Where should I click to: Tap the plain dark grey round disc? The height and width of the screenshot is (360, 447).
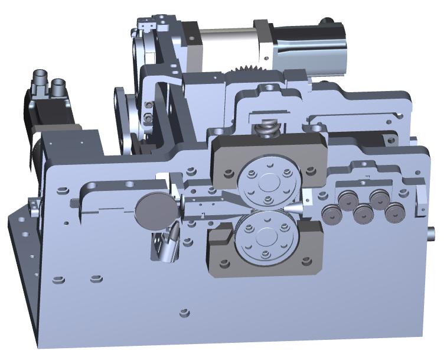156,211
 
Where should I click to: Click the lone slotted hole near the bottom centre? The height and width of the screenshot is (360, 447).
184,312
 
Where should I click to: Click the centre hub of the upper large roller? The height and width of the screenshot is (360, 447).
268,182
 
